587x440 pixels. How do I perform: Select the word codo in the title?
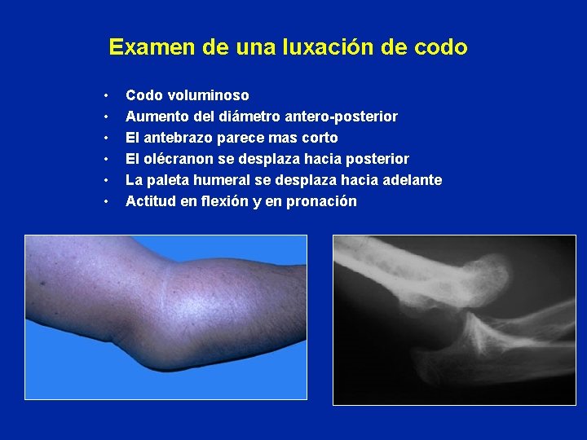pyautogui.click(x=441, y=47)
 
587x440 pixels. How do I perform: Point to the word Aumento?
pyautogui.click(x=152, y=117)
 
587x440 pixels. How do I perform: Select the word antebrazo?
pyautogui.click(x=176, y=138)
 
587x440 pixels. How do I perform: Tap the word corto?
pyautogui.click(x=319, y=138)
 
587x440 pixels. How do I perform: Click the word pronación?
pyautogui.click(x=320, y=201)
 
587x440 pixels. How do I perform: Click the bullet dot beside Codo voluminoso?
pyautogui.click(x=106, y=96)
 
